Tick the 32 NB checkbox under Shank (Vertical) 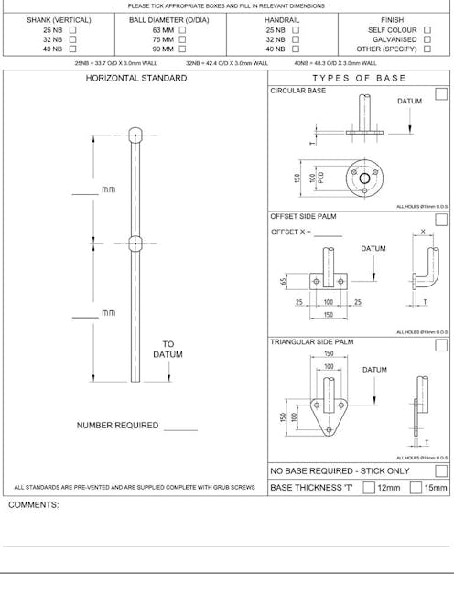coord(72,39)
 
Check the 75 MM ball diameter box coord(182,39)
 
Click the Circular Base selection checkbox coord(441,92)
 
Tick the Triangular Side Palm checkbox coord(441,345)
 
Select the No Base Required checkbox coord(441,470)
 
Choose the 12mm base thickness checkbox coord(369,488)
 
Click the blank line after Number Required coord(180,427)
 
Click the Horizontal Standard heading coord(135,79)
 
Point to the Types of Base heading coord(359,79)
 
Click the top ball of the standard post coord(135,134)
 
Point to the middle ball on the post coord(135,243)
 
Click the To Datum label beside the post coord(168,350)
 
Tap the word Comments coord(34,504)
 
